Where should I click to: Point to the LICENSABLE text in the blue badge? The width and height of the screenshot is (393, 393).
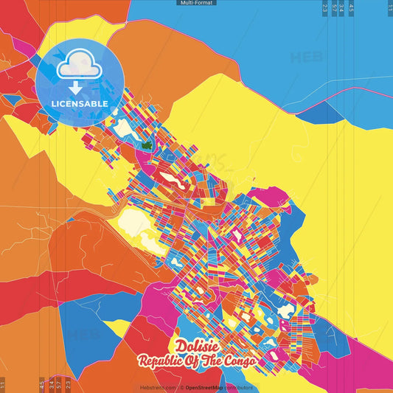click(x=80, y=104)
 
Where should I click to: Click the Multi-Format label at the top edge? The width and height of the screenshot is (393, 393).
click(x=196, y=3)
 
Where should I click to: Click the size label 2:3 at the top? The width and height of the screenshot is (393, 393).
click(x=325, y=8)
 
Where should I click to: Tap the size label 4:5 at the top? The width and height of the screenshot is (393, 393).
click(x=351, y=8)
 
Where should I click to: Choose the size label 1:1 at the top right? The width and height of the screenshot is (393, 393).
click(x=389, y=8)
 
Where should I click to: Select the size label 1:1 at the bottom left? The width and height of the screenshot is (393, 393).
click(x=3, y=384)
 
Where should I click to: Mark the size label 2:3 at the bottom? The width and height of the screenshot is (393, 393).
click(x=67, y=384)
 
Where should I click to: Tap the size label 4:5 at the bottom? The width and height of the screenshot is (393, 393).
click(x=41, y=384)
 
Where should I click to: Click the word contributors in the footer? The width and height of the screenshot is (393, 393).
click(x=238, y=387)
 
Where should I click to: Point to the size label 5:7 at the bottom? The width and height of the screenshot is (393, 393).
click(x=58, y=384)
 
